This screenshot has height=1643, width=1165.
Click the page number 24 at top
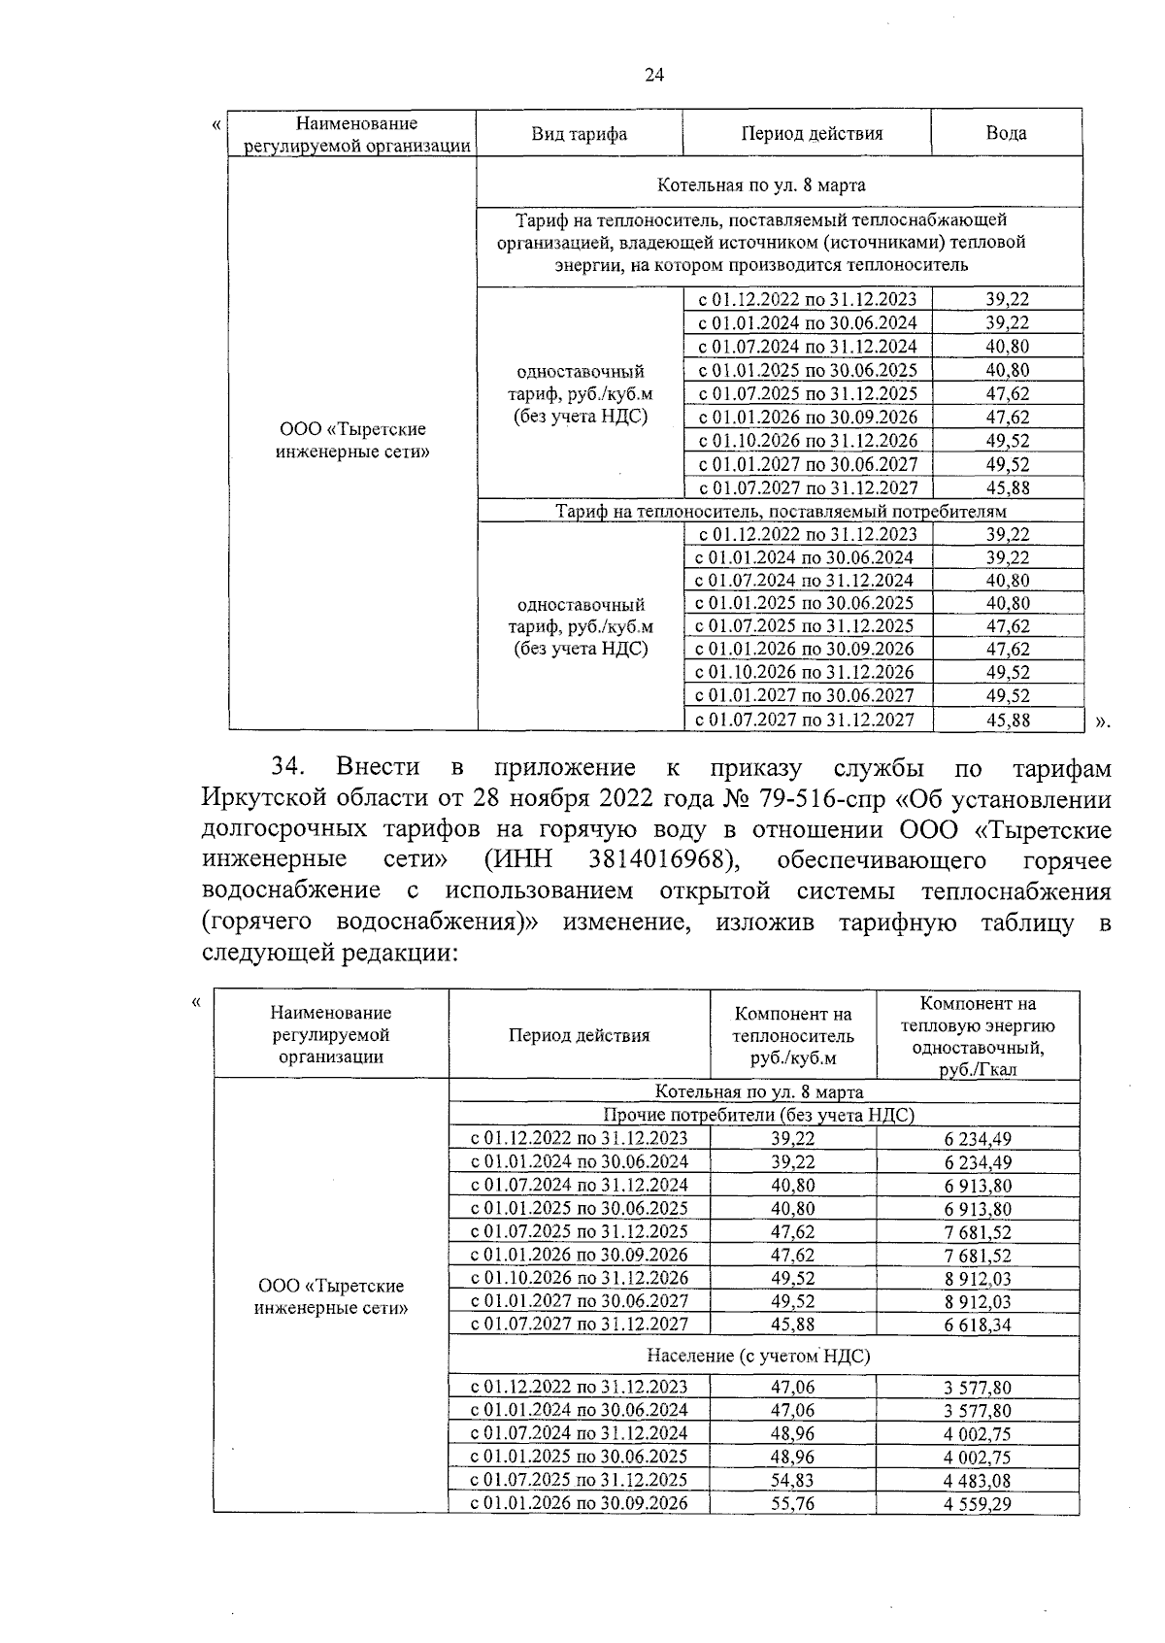pos(653,76)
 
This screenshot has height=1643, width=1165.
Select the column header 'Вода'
pos(1006,134)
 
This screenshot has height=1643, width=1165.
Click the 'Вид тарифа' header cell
pos(579,134)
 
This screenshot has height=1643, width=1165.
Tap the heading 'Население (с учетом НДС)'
pos(758,1356)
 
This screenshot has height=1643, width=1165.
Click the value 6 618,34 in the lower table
pos(978,1325)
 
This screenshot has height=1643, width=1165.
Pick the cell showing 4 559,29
pos(978,1504)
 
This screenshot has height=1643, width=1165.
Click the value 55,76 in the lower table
pos(793,1504)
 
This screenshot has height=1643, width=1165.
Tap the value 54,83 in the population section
pos(793,1481)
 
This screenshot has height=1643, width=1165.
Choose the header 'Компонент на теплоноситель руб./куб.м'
pos(793,1036)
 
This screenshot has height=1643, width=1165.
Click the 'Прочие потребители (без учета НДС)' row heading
pos(758,1116)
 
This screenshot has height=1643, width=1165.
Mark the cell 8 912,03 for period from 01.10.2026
pos(978,1279)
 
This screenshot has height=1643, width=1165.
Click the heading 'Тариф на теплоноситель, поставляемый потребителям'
pos(780,511)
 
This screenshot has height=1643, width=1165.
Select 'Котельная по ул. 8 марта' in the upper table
pos(761,184)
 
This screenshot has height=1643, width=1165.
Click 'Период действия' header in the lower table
pos(579,1035)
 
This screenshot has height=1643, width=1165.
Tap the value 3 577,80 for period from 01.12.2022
pos(978,1388)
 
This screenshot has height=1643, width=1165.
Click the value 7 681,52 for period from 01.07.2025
pos(978,1232)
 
